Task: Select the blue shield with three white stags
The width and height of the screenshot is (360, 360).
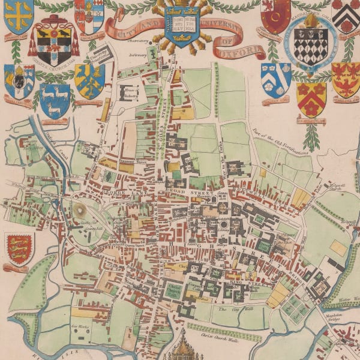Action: point(55,96)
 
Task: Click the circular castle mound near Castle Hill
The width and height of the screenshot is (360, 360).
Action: point(80,209)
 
